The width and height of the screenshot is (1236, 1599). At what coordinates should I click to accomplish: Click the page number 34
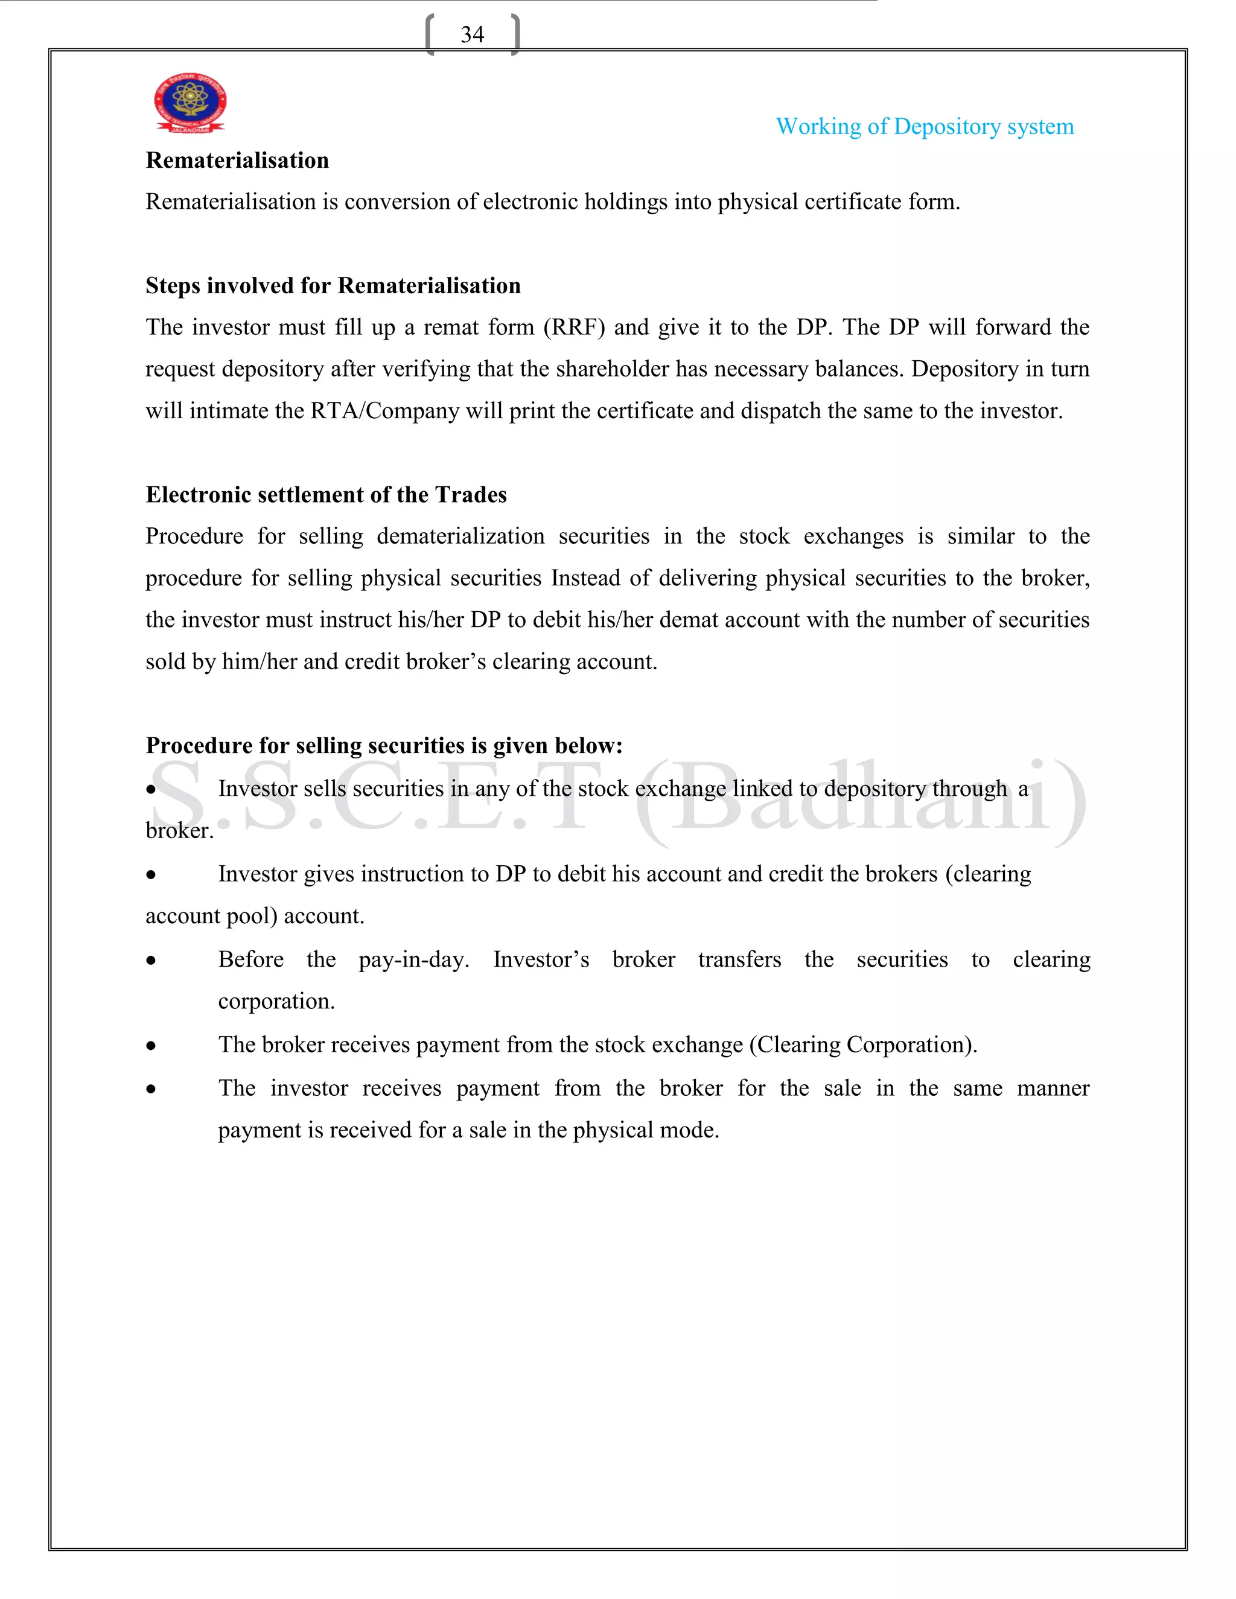[473, 34]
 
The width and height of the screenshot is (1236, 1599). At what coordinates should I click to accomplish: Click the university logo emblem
[190, 103]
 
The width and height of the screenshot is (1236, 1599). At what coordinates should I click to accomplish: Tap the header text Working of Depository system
[924, 127]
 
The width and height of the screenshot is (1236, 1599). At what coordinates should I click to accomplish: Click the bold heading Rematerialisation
[237, 161]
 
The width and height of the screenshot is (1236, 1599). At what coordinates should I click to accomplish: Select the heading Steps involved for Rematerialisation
[333, 285]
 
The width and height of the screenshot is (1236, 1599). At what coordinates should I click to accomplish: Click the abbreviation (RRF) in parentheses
[574, 327]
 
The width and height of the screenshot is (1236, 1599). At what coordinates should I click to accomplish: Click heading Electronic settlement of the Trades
[326, 495]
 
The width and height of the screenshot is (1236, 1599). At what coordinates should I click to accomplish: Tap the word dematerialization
[460, 536]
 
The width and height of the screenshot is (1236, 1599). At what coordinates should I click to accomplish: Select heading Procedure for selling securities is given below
[384, 745]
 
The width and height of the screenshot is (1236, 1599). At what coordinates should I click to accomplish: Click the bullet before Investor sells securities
[151, 790]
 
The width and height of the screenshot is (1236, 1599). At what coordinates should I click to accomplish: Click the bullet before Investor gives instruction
[151, 875]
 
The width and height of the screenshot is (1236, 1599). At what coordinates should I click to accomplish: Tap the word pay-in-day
[413, 960]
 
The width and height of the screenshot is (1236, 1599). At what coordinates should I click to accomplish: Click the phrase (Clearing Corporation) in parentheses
[862, 1044]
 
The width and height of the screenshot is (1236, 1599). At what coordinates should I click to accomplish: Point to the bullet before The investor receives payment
[151, 1089]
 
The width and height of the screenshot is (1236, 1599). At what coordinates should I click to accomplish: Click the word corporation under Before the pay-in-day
[275, 1002]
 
